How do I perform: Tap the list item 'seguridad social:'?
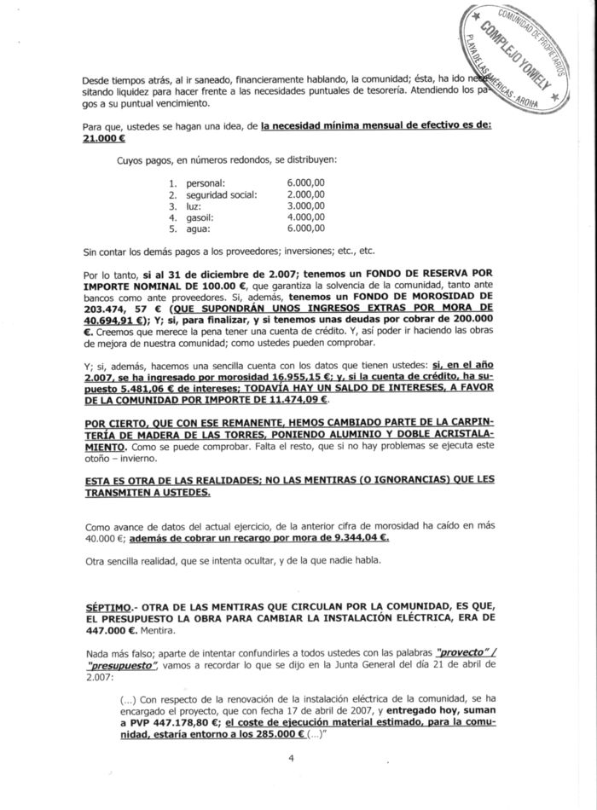pos(220,194)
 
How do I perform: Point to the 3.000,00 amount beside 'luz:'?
pos(307,205)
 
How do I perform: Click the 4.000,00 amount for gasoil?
pos(307,217)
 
